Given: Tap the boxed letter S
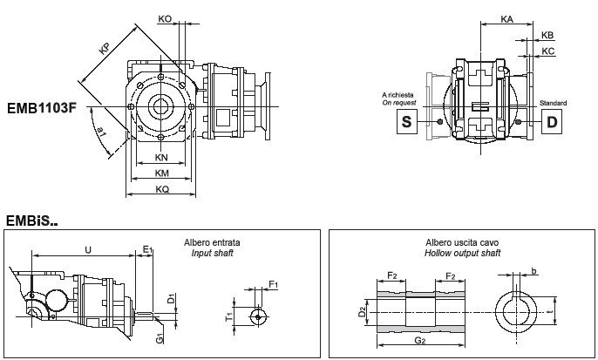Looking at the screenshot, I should [x=404, y=122].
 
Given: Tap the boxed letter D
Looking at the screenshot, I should [x=551, y=122].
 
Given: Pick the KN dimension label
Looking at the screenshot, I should [x=161, y=158].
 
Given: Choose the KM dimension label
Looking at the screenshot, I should [x=161, y=173].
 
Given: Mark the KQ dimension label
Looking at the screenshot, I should [x=161, y=189].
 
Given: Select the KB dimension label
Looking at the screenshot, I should [x=547, y=35].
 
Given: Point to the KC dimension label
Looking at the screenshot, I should [x=547, y=51].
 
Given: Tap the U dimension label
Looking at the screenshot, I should [x=87, y=249].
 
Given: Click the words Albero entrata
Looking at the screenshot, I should [x=212, y=241].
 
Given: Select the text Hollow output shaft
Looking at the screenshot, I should [x=462, y=252].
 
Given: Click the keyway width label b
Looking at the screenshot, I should [x=533, y=270].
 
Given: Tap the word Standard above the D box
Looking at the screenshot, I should [x=553, y=103].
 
